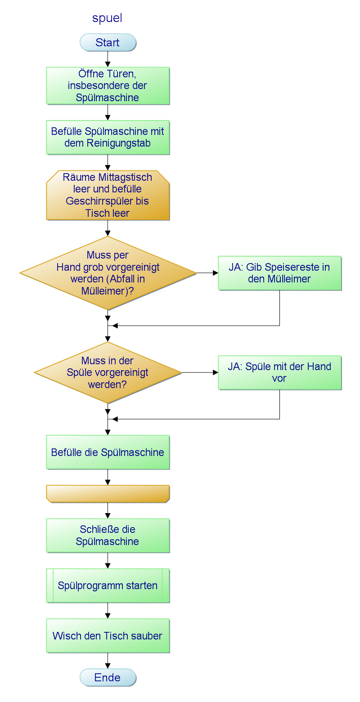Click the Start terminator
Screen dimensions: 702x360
point(108,43)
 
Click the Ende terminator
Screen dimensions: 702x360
point(108,678)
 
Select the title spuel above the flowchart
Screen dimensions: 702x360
point(107,18)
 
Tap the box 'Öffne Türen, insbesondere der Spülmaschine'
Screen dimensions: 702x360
point(108,85)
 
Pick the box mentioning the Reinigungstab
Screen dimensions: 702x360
point(108,138)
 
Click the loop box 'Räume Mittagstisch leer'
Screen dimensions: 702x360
point(108,195)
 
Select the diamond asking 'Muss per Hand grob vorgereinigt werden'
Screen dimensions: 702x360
point(108,273)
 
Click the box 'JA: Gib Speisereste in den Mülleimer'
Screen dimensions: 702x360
point(279,273)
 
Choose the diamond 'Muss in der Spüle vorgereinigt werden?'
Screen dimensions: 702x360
point(108,372)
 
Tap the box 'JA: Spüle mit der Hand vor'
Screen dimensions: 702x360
point(279,372)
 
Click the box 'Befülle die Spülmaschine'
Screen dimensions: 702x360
point(108,452)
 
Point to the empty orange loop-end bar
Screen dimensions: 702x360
point(108,493)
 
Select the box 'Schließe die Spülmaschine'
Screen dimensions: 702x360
point(108,535)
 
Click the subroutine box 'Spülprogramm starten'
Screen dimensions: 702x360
point(108,586)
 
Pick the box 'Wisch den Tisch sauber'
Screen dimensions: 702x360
point(108,636)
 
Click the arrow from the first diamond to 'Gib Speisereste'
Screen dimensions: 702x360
point(207,273)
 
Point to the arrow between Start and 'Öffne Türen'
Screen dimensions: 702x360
point(108,59)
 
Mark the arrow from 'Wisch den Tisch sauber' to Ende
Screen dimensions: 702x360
point(108,661)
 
